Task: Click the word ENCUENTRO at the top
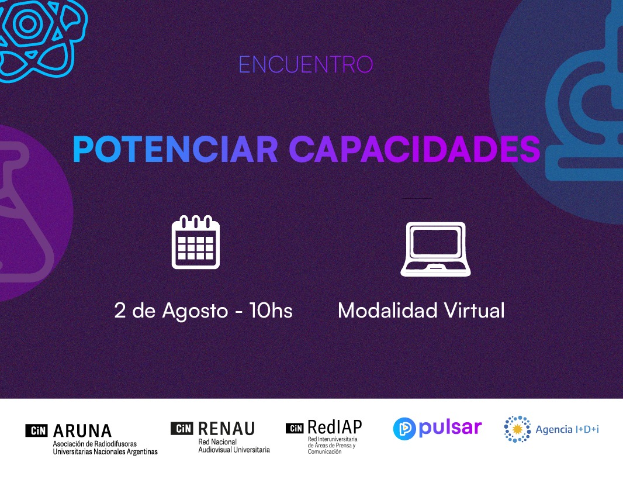tap(306, 65)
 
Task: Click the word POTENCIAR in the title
tap(175, 150)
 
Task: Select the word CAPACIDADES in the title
tap(414, 150)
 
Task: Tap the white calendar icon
tap(195, 242)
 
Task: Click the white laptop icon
tap(435, 249)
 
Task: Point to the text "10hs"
tap(271, 310)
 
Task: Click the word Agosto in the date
tap(195, 312)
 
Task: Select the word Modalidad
tap(387, 310)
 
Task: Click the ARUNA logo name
tap(82, 431)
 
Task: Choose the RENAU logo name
tap(227, 429)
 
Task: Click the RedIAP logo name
tap(334, 427)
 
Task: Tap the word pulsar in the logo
tap(450, 428)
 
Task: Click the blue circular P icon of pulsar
tap(404, 429)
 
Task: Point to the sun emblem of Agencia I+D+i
tap(517, 429)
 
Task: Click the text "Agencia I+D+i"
tap(567, 429)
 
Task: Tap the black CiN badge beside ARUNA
tap(37, 430)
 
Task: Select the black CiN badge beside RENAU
tap(182, 428)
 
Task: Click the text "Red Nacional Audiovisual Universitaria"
tap(234, 446)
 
